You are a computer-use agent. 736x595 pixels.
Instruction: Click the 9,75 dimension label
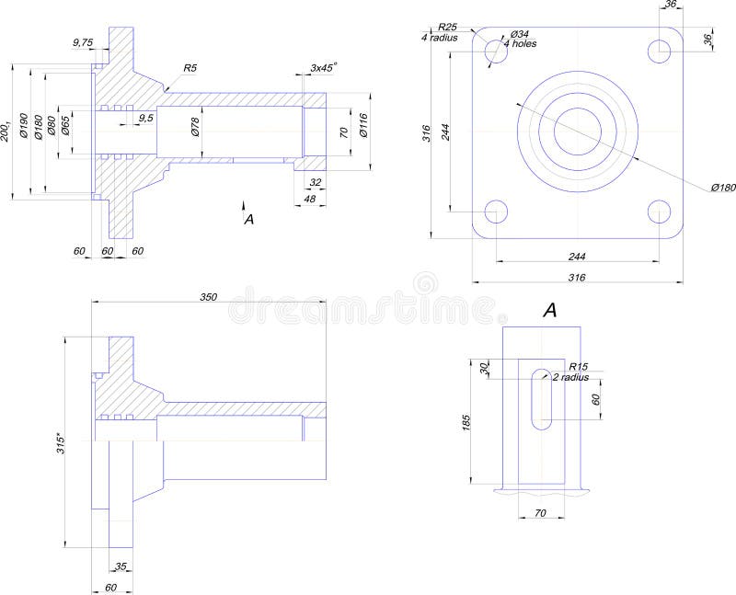pyautogui.click(x=83, y=42)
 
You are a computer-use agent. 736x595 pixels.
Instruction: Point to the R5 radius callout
pyautogui.click(x=190, y=68)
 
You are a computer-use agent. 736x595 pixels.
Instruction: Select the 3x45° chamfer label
pyautogui.click(x=323, y=67)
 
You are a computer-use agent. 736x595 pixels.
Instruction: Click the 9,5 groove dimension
pyautogui.click(x=145, y=119)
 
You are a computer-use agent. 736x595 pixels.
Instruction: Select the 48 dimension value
pyautogui.click(x=309, y=200)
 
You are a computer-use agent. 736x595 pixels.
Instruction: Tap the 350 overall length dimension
pyautogui.click(x=209, y=296)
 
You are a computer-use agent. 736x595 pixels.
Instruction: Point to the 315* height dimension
pyautogui.click(x=61, y=442)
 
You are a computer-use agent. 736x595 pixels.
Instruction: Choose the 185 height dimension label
pyautogui.click(x=466, y=422)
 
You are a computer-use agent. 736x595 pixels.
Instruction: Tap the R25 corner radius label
pyautogui.click(x=448, y=27)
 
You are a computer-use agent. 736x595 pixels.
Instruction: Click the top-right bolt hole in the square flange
pyautogui.click(x=659, y=51)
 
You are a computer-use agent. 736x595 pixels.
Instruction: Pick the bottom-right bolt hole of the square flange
pyautogui.click(x=659, y=212)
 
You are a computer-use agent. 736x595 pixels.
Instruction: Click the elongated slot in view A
pyautogui.click(x=542, y=397)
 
